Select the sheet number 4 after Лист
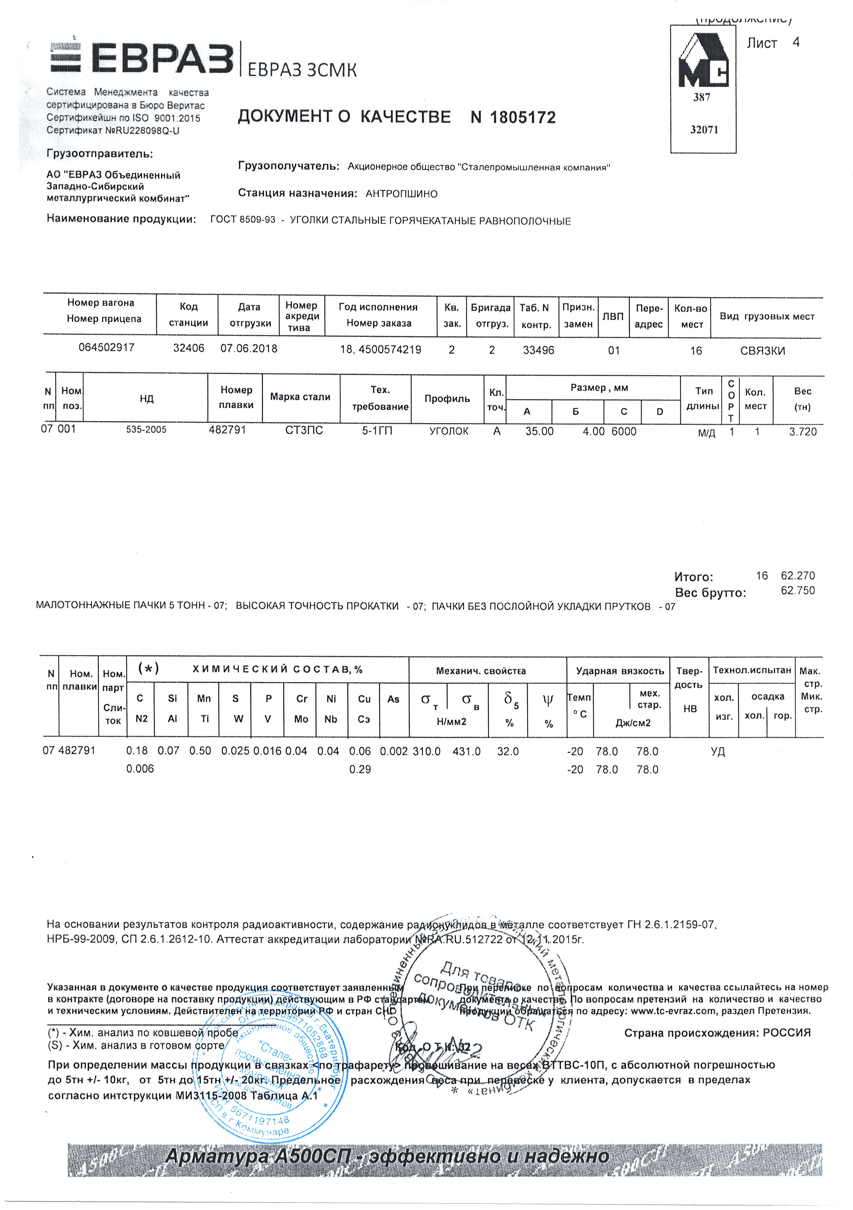click(796, 42)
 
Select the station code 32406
click(189, 348)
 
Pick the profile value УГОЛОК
click(449, 431)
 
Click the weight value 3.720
click(802, 432)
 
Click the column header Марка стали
click(300, 397)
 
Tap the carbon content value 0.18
click(137, 751)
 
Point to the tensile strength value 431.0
click(466, 751)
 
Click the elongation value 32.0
click(508, 751)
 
